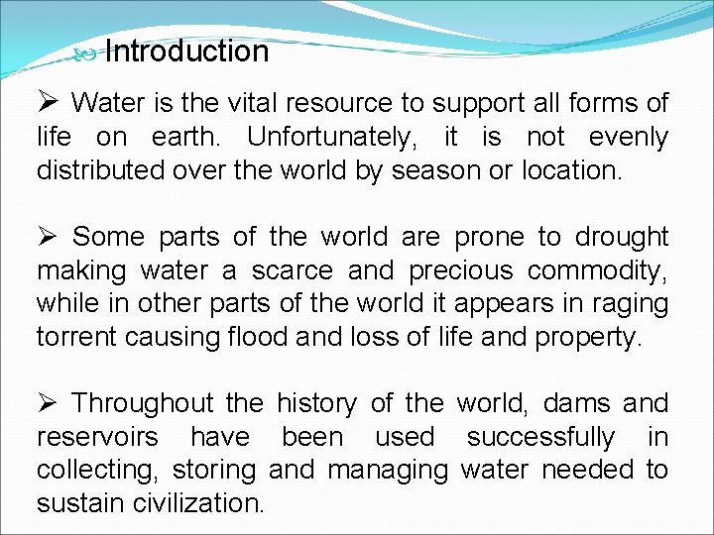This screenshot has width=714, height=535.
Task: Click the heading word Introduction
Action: [186, 52]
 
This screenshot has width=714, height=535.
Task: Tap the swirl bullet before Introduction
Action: [84, 57]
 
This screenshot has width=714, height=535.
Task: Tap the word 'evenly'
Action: [628, 137]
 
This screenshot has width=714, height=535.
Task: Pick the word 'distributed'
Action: [92, 170]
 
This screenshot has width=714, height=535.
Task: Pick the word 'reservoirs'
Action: [96, 438]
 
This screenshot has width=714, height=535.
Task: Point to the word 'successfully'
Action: [540, 438]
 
